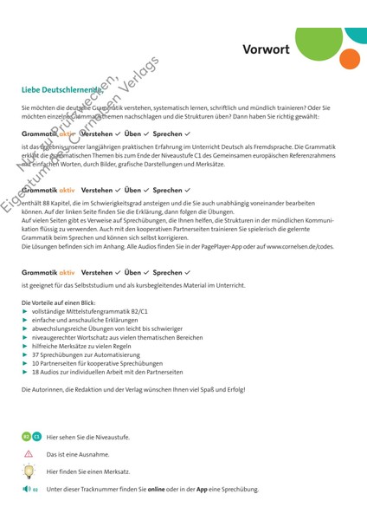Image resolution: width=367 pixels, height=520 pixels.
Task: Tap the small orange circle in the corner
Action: (350, 59)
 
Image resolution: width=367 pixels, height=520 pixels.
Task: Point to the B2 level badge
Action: (26, 436)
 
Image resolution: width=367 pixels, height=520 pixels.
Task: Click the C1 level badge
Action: (35, 436)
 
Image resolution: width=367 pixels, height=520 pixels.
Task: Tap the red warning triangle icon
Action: (29, 454)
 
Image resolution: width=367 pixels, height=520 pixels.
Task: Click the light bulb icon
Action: (29, 471)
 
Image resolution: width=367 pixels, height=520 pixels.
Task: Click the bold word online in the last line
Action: (157, 490)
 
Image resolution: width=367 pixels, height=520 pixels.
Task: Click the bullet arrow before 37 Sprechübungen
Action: (25, 354)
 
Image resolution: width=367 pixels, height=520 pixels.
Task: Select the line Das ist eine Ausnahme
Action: (78, 454)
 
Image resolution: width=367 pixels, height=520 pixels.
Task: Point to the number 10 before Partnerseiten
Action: (35, 363)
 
